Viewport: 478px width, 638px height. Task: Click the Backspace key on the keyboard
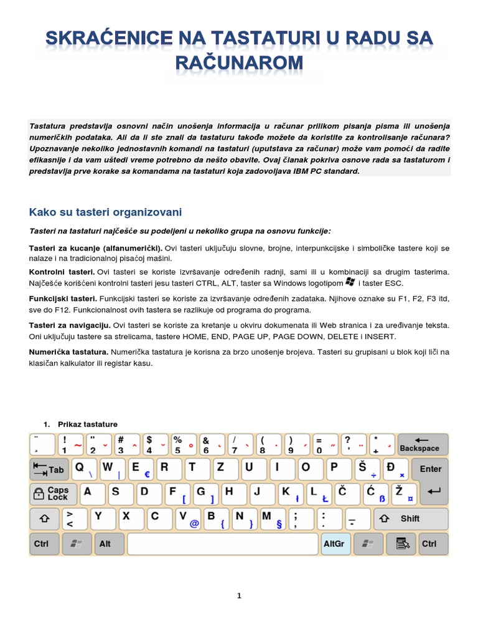point(423,444)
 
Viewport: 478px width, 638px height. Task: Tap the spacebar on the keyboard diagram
point(223,544)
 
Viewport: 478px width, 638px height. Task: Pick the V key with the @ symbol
point(188,519)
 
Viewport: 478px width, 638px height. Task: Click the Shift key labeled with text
point(410,518)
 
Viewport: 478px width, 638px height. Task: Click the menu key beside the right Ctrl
point(401,544)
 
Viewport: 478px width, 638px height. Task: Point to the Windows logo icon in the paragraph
point(349,283)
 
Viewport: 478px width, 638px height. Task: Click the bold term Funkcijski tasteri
point(63,299)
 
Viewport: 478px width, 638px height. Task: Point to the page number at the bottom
point(239,596)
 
